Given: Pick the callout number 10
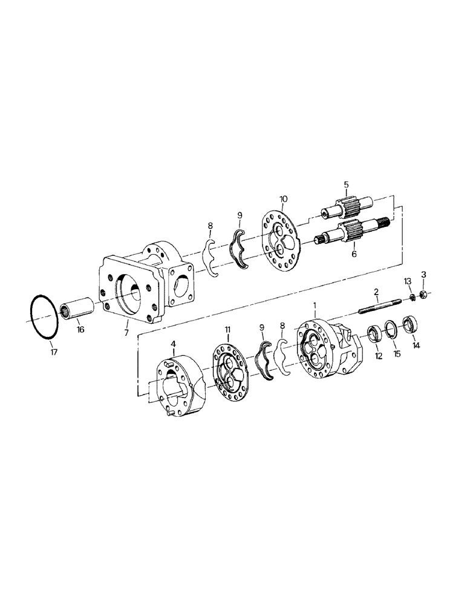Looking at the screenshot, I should [284, 198].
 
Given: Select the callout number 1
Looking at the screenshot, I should [315, 301].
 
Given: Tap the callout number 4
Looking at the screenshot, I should [174, 344].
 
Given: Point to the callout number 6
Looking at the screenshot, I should [354, 255].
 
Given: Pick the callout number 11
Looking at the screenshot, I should [228, 329].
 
